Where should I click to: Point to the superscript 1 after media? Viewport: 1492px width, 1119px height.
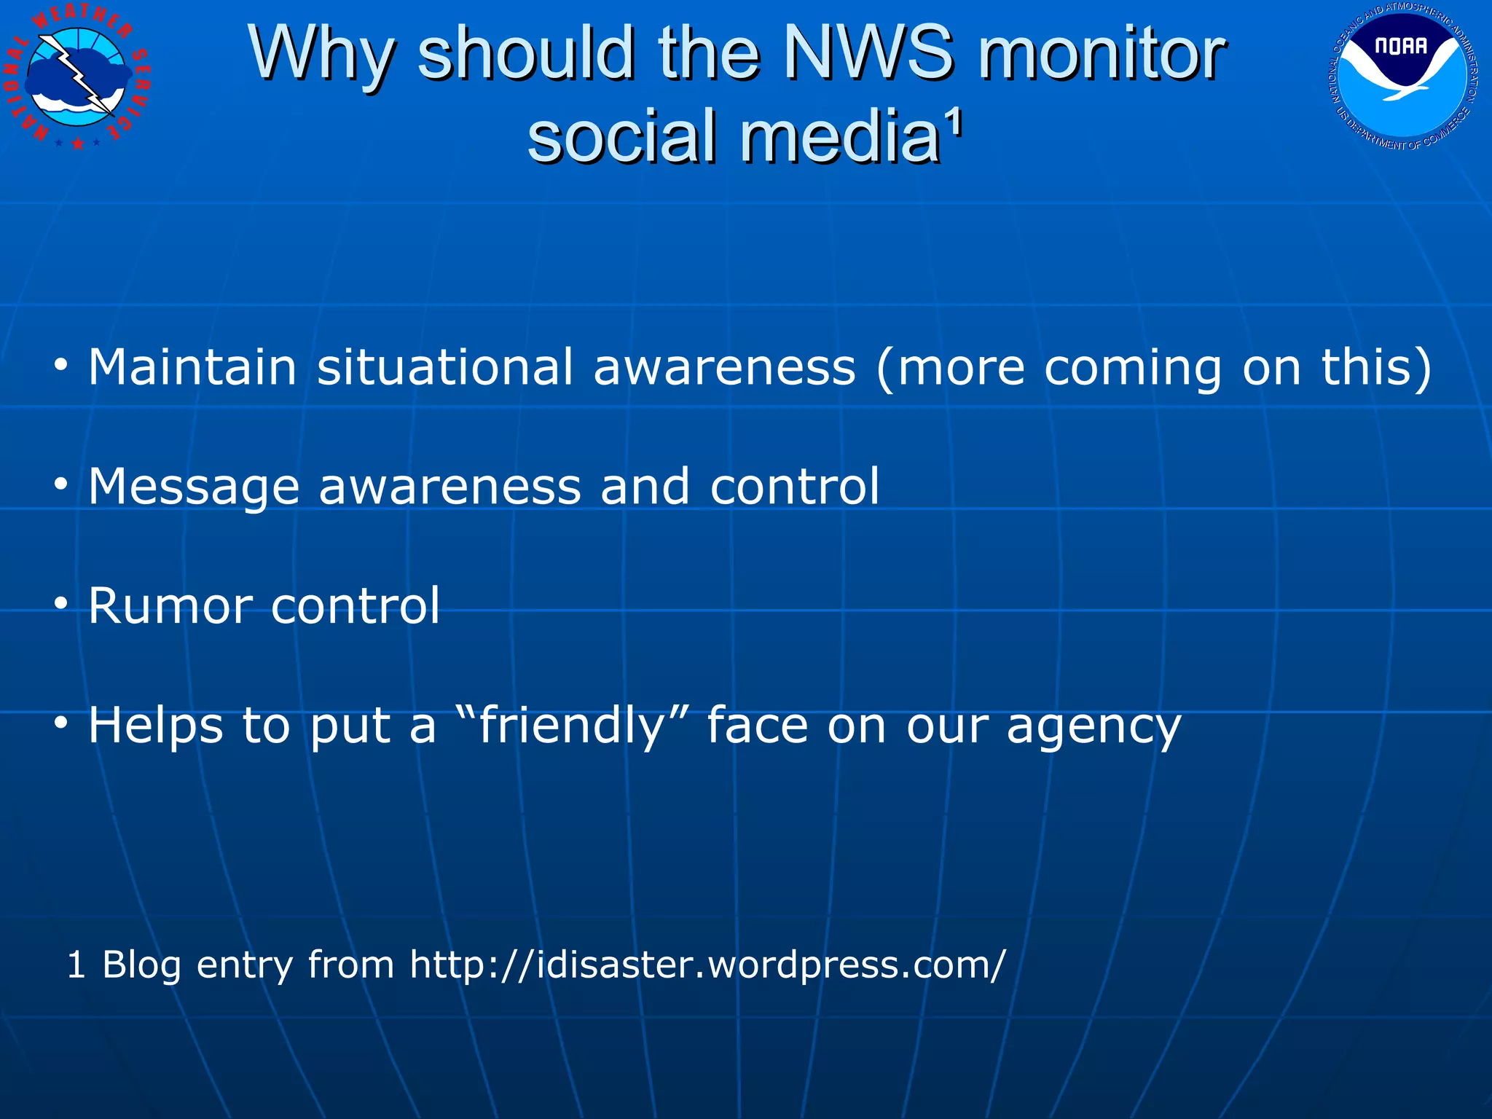tap(954, 124)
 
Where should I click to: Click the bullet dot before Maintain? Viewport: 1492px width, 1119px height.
tap(61, 364)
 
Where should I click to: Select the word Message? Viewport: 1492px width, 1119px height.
tap(193, 487)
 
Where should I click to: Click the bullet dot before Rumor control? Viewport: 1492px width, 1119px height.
tap(61, 602)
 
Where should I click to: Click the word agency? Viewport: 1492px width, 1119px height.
tap(1093, 727)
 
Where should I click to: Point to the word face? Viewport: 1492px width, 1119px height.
tap(758, 726)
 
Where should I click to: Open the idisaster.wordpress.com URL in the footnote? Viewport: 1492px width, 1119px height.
tap(707, 965)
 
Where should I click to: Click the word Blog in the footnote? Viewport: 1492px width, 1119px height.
tap(141, 965)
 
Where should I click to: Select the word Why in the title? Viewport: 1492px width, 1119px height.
tap(321, 55)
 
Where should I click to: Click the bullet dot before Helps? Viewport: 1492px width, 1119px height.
tap(61, 723)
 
